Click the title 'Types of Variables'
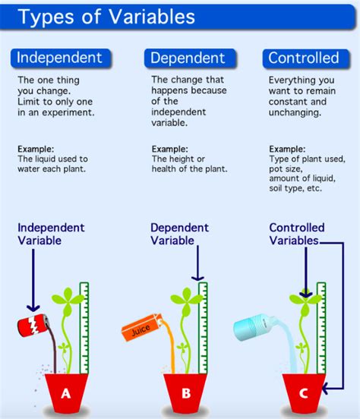[106, 17]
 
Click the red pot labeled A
[65, 392]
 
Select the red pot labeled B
[186, 392]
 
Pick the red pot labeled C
[305, 392]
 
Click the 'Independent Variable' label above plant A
[51, 234]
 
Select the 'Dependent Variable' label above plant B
[179, 234]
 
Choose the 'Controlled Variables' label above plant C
[297, 234]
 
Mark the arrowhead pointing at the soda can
[32, 305]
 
